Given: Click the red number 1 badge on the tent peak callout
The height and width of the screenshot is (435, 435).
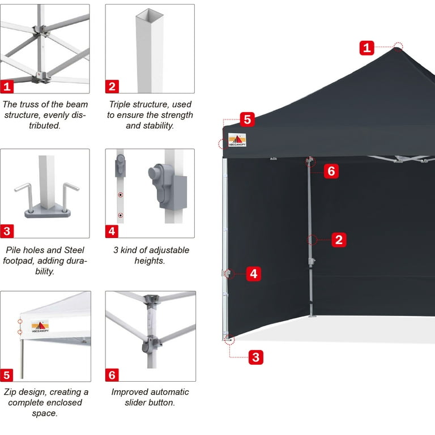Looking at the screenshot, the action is [x=367, y=48].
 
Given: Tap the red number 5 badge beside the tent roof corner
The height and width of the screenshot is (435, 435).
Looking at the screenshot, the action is [x=247, y=120].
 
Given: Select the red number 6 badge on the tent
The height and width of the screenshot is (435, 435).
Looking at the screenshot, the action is [x=331, y=171].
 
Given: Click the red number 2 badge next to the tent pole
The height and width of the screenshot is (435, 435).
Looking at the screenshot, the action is [x=339, y=240].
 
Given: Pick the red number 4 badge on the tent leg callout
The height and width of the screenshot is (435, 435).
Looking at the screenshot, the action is [x=254, y=274].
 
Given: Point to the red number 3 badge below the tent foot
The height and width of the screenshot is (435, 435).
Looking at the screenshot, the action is [x=256, y=357].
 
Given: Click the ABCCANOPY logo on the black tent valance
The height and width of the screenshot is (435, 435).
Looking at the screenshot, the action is [x=237, y=140].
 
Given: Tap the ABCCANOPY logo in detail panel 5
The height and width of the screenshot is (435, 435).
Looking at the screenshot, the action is [x=40, y=326].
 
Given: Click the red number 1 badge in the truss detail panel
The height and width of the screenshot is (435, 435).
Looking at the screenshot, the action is [x=7, y=87].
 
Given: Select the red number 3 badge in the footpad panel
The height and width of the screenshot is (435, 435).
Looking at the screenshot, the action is [x=7, y=231].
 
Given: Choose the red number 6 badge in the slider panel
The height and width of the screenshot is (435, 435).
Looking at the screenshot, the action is [x=112, y=375].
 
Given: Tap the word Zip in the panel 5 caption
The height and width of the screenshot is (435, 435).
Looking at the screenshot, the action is [x=10, y=392].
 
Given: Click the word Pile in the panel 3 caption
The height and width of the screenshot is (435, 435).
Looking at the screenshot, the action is [x=13, y=250].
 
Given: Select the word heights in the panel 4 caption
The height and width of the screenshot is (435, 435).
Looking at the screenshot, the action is [x=150, y=261].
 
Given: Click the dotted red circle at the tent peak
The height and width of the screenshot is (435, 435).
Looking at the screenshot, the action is [x=398, y=46].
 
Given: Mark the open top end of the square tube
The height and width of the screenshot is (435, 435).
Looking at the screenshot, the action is [x=150, y=14].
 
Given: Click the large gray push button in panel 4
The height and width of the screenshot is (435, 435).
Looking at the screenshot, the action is [x=154, y=172].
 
